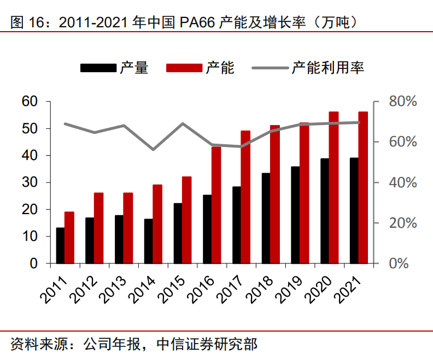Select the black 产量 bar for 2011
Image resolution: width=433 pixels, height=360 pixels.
60,246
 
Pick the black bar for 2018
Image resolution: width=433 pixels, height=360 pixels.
266,219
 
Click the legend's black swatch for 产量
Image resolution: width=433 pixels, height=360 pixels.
98,68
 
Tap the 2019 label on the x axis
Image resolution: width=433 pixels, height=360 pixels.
288,289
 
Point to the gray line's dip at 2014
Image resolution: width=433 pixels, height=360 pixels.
154,149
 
